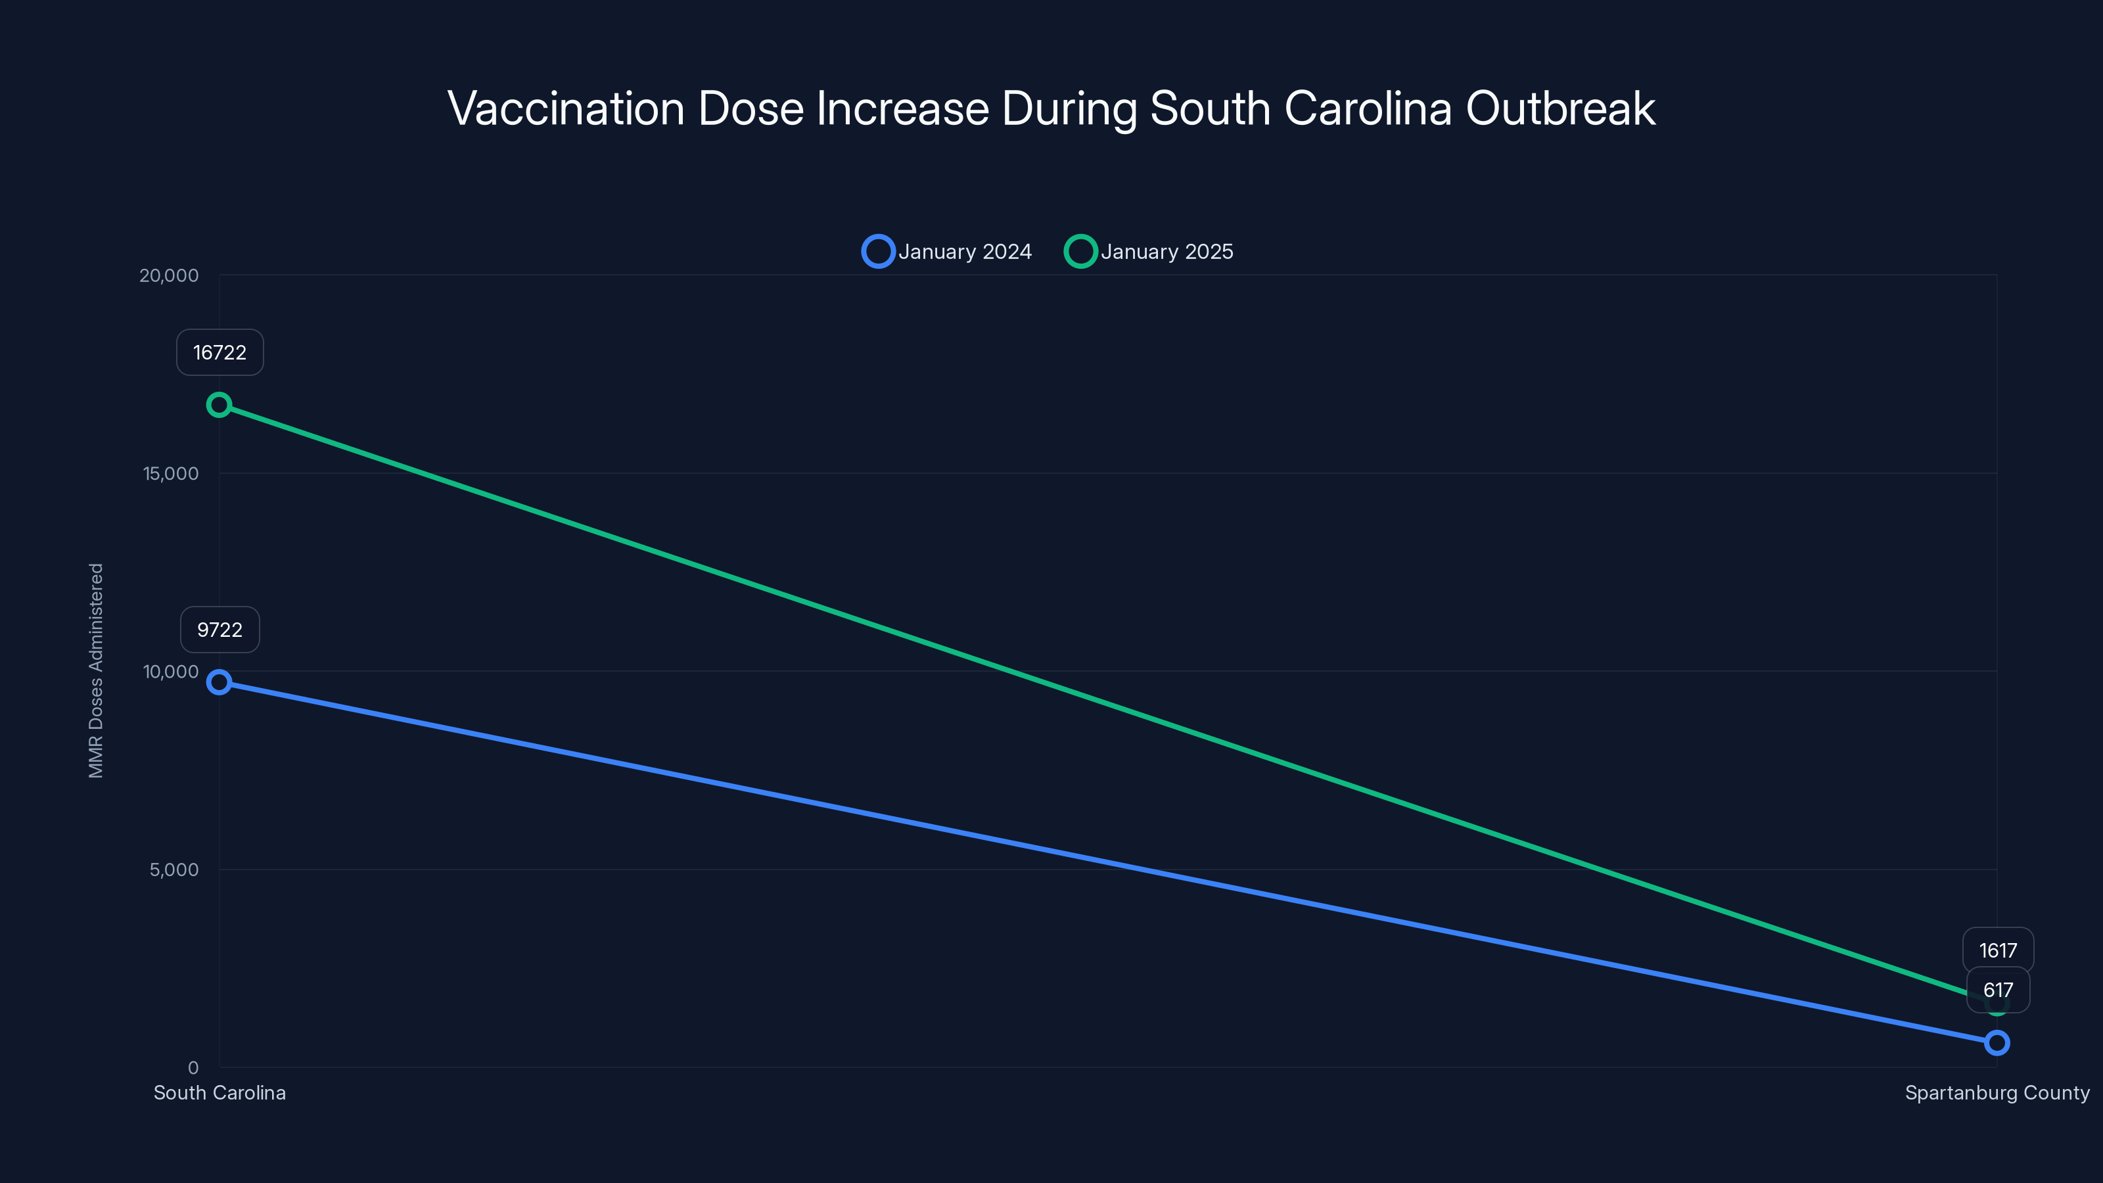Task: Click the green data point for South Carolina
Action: coord(219,405)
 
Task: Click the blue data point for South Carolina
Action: coord(219,682)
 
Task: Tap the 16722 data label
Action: coord(220,353)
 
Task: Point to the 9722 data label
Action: coord(220,630)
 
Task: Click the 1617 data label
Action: coord(1998,950)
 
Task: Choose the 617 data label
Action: coord(1998,990)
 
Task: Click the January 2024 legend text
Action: coord(965,252)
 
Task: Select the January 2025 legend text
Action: coord(1167,252)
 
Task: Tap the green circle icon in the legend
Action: coord(1080,252)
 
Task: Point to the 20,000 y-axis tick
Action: coord(169,275)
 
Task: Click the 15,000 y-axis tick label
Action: coord(171,473)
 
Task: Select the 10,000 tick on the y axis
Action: coord(171,671)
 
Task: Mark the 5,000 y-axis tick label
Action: coord(174,870)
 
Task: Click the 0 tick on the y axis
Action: coord(193,1067)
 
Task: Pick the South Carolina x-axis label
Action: coord(220,1092)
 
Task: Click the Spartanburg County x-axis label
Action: coord(1997,1092)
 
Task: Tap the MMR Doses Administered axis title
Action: coord(97,670)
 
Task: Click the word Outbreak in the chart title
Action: coord(1560,108)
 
